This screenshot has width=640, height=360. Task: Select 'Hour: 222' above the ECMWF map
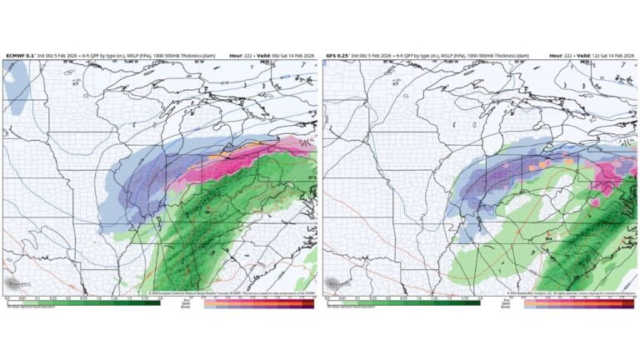click(242, 55)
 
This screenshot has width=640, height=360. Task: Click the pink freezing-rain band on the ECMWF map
click(250, 162)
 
